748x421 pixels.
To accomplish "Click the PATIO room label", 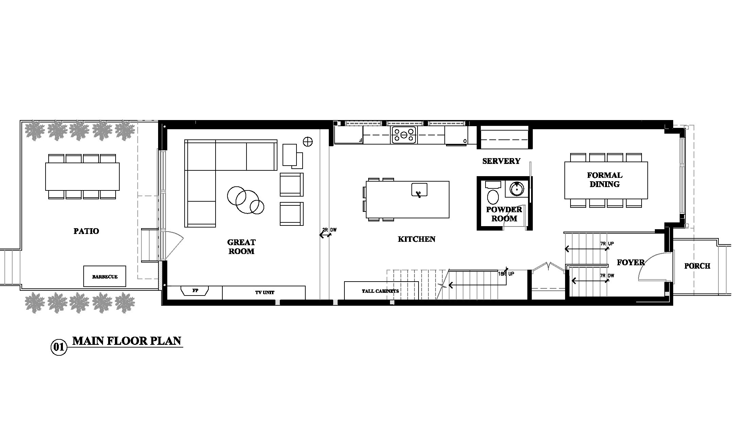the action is click(86, 231).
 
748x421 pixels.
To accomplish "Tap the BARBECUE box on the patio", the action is click(105, 276).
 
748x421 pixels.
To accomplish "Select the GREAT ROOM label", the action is click(241, 247).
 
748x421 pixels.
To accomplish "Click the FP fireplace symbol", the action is click(195, 291).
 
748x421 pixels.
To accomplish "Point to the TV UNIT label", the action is click(265, 292).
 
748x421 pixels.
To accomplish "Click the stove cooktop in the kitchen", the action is click(404, 135).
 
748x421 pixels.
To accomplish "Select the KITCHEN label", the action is click(417, 239).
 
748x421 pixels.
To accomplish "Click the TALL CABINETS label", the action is click(380, 291).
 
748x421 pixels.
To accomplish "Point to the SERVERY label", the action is click(501, 161).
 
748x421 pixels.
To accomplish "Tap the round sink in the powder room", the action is click(517, 189).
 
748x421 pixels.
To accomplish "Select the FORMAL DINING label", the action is click(605, 180).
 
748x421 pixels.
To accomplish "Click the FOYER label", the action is click(631, 262).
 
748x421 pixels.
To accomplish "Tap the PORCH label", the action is click(697, 266).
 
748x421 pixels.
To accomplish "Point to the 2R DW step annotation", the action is click(330, 230).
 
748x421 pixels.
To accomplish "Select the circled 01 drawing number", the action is click(59, 347).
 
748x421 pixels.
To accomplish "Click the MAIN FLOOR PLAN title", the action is click(127, 341).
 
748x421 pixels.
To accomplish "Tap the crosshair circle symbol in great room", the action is click(308, 141).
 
